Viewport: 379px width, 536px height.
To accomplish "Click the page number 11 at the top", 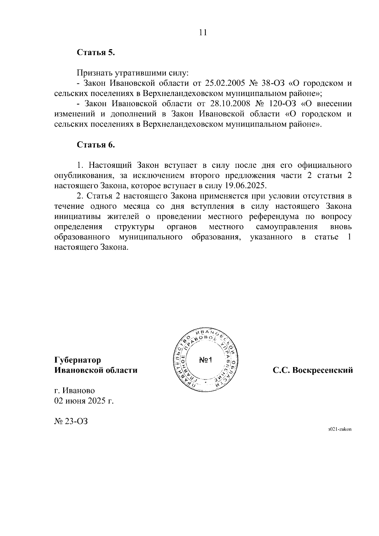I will tap(203, 33).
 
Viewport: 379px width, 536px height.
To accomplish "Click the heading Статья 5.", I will tap(96, 52).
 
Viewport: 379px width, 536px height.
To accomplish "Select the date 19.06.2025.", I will tap(246, 185).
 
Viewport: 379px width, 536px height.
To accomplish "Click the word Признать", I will tap(94, 73).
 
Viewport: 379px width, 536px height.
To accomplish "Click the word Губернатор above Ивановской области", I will tap(78, 360).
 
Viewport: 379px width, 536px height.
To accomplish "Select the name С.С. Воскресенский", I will tap(313, 370).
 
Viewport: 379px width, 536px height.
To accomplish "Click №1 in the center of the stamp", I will tap(207, 360).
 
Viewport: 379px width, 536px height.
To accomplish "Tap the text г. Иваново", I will tap(74, 391).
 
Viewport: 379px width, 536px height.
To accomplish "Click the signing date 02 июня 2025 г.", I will tap(84, 401).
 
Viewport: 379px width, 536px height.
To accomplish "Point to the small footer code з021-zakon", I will tap(340, 430).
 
